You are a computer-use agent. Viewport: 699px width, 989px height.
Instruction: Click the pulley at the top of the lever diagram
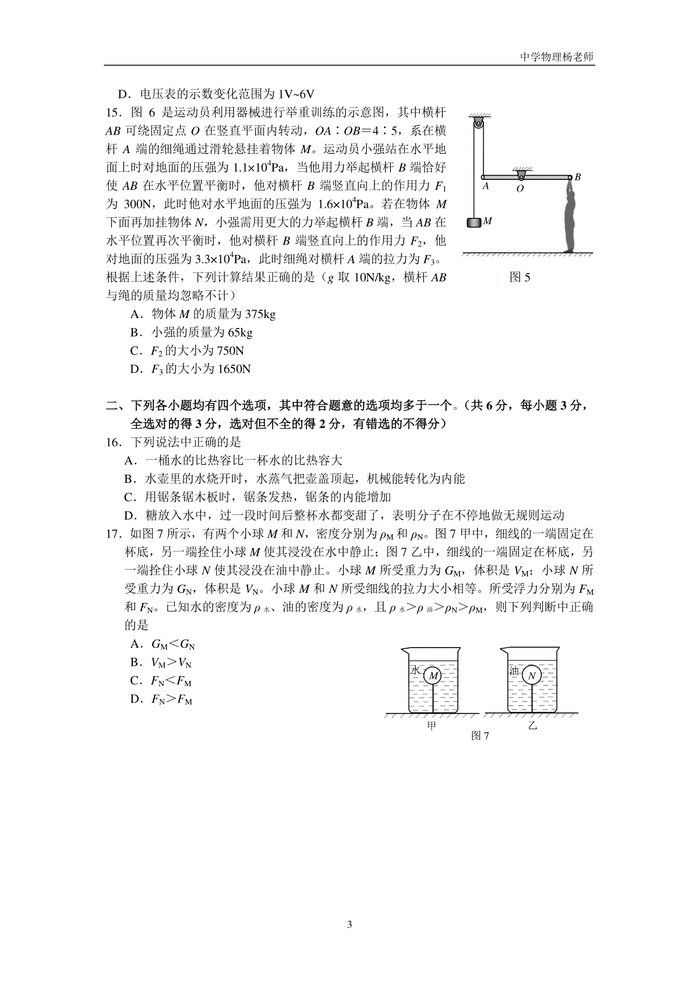478,124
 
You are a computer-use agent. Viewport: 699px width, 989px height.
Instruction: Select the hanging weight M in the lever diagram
474,222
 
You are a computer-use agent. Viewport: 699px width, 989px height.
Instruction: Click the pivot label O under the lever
520,189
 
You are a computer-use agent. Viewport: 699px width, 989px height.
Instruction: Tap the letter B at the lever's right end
578,176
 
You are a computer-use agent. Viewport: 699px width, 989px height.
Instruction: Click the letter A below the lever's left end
485,186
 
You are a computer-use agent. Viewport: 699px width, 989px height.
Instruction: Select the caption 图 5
520,277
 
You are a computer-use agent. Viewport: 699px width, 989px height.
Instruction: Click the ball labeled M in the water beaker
433,676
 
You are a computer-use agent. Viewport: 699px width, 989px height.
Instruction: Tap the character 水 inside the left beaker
415,670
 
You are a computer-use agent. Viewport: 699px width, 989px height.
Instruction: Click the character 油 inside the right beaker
514,670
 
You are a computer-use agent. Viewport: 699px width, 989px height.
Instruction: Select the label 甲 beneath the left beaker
432,726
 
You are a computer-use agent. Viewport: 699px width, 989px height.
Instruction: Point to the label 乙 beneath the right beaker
532,726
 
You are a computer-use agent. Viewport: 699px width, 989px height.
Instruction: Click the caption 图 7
480,736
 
